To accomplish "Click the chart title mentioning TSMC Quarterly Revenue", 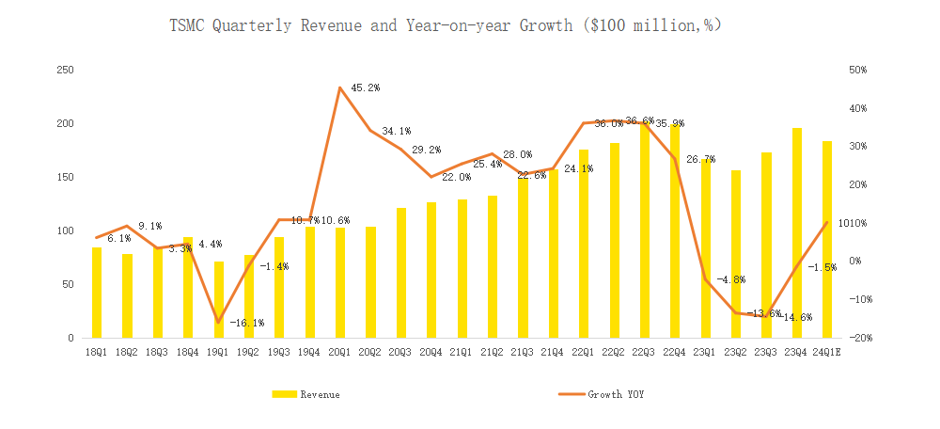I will click(445, 26).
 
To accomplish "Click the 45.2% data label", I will click(365, 87).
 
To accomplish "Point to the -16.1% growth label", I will click(247, 323).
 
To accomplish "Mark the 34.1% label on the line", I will click(395, 131).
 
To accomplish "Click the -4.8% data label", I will click(731, 279).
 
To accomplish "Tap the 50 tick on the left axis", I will click(69, 284).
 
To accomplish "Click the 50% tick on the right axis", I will click(858, 71).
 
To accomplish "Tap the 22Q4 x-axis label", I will click(675, 352).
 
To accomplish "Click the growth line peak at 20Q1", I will click(340, 87).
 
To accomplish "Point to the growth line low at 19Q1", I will click(219, 322).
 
